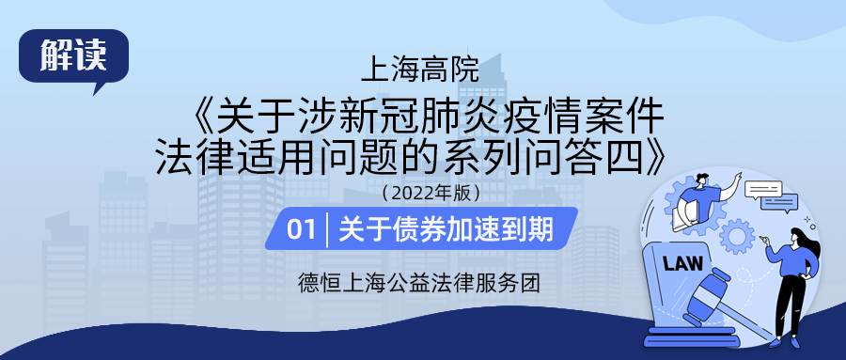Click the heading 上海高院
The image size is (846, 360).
click(x=420, y=70)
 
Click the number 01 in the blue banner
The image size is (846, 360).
click(x=300, y=228)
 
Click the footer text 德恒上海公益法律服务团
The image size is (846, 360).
click(x=418, y=282)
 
